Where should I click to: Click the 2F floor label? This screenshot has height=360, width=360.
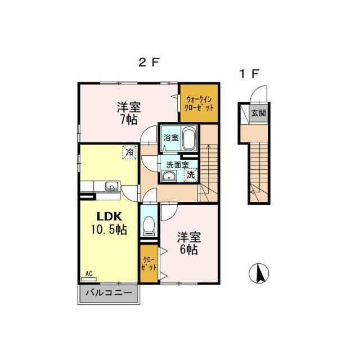tap(148, 62)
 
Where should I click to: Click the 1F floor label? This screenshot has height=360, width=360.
tap(249, 74)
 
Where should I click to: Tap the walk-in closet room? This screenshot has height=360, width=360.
tap(199, 103)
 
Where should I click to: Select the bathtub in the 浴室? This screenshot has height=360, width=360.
tap(190, 139)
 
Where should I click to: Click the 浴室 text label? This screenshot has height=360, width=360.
tap(171, 137)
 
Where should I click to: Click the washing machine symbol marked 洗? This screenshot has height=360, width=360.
tap(191, 175)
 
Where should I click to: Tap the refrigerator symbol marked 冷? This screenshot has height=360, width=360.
tap(129, 152)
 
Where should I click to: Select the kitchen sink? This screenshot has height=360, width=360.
tap(112, 186)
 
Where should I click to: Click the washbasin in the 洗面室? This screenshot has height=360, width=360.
tap(169, 176)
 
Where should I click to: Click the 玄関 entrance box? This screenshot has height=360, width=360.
tap(259, 113)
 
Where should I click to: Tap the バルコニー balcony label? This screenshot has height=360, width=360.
tap(109, 292)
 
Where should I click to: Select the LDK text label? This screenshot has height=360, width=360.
tap(109, 216)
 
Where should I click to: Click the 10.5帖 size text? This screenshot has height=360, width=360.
tap(109, 229)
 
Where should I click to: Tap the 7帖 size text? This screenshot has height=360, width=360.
tap(129, 119)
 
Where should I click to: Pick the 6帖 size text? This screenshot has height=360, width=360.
tap(189, 250)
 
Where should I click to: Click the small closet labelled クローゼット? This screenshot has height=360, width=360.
tap(149, 264)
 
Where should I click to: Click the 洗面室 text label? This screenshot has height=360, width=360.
tap(178, 165)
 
